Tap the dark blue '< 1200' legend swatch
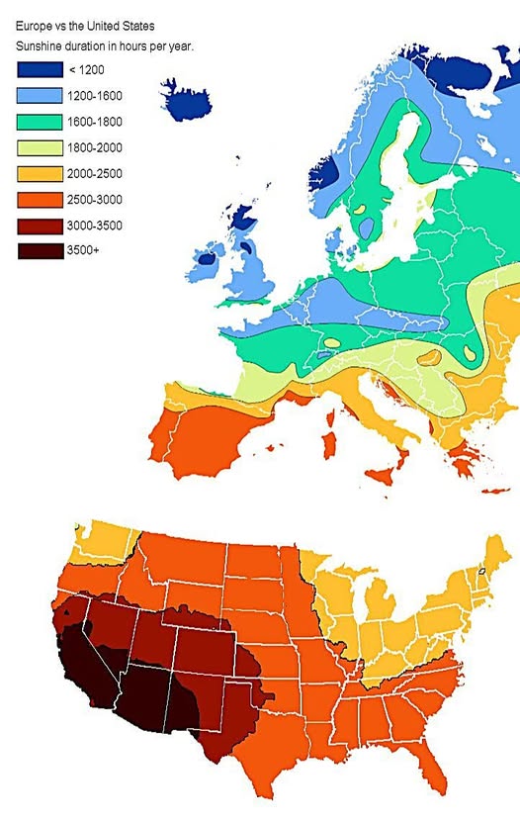coord(39,69)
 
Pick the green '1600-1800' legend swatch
coord(39,121)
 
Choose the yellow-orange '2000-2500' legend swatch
coord(39,173)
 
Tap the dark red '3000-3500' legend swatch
coord(39,226)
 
